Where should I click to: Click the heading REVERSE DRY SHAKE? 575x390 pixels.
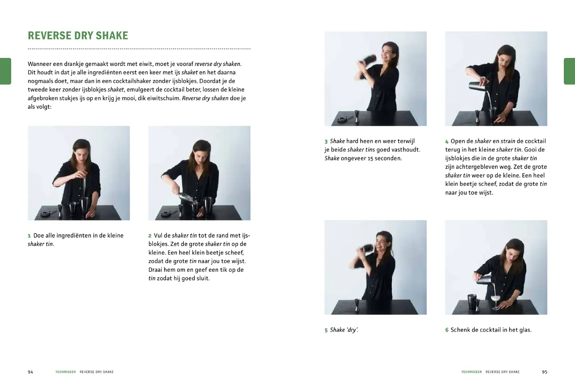coord(78,36)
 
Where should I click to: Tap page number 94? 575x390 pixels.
coord(30,372)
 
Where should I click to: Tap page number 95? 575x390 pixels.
coord(545,372)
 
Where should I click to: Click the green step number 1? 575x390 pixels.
coord(29,236)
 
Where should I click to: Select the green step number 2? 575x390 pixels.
coord(150,236)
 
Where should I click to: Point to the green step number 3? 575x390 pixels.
coord(326,141)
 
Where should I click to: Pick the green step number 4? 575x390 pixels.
coord(447,141)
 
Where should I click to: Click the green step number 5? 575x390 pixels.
coord(326,330)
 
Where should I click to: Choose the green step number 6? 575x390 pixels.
coord(447,330)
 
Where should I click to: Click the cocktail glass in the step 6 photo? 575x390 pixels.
coord(496,302)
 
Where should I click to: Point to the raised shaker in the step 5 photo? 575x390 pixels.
coord(366,249)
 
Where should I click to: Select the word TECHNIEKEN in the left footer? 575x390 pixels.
coord(65,372)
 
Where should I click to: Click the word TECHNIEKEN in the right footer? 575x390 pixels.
coord(472,372)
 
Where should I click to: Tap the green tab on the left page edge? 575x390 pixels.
coord(6,71)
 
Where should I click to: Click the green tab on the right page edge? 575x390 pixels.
coord(569,71)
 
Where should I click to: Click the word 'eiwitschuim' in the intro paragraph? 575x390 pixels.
coord(163,98)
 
